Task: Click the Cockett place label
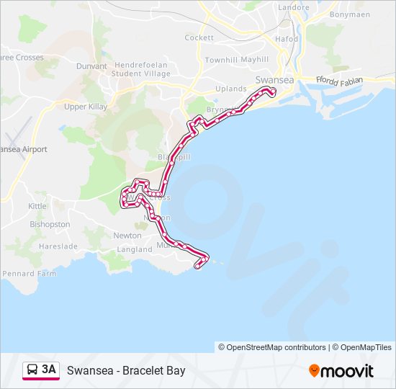point(199,37)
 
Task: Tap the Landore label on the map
point(293,8)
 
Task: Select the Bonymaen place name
point(348,14)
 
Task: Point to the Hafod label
point(286,39)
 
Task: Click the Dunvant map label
point(91,66)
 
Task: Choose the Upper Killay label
point(86,107)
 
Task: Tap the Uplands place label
point(231,89)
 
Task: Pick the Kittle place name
point(37,206)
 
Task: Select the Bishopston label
point(50,224)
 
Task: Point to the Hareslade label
point(58,246)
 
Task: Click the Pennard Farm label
point(29,274)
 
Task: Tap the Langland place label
point(135,249)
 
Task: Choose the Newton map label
point(127,236)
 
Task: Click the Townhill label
point(220,60)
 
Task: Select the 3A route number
point(49,370)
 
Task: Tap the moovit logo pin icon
point(315,370)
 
